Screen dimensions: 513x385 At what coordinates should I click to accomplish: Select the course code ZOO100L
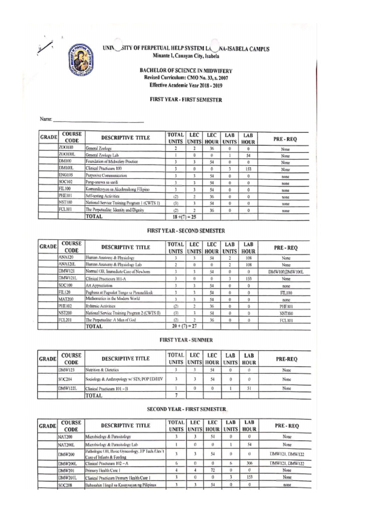66,155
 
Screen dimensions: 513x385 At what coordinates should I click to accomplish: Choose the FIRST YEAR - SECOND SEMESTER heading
185,230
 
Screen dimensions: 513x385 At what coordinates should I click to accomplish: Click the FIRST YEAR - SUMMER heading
185,339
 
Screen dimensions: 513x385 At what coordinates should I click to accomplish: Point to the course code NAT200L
67,444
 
